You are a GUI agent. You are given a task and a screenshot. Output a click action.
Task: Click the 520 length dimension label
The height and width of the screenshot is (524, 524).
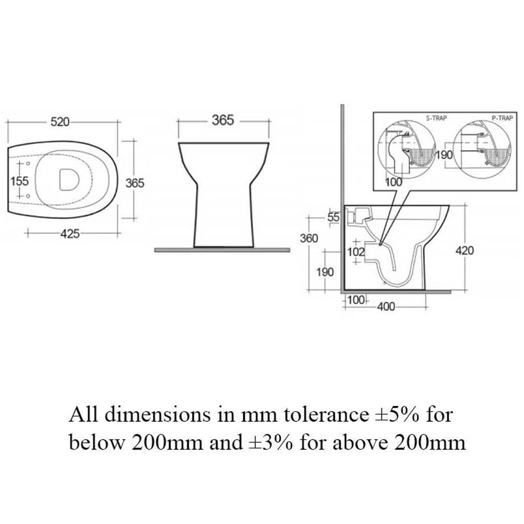[60, 122]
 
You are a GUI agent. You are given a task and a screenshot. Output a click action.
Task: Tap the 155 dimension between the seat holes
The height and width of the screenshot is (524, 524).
[20, 181]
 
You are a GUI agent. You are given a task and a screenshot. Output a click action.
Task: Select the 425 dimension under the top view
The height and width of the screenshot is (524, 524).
[70, 233]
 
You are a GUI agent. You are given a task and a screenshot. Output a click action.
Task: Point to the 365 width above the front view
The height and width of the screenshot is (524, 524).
[223, 121]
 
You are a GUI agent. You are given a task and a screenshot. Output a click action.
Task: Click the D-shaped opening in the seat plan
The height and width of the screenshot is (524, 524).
[69, 180]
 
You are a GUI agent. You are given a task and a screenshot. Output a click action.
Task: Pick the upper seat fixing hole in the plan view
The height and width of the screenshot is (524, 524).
[28, 163]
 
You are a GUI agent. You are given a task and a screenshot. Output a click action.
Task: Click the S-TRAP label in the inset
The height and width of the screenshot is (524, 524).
[436, 118]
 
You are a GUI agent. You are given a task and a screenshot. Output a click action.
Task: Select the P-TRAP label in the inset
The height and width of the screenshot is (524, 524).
[502, 118]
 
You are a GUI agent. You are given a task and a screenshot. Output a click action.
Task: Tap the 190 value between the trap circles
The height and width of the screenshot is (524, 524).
[444, 155]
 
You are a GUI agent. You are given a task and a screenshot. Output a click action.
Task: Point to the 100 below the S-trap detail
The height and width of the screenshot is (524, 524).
[394, 182]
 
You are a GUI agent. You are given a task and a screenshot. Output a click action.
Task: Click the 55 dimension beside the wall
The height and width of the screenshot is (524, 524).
[333, 217]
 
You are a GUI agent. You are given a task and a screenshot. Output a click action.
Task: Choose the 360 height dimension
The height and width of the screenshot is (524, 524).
[309, 238]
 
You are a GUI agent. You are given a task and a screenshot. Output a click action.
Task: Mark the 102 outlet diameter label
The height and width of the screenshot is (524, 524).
[356, 252]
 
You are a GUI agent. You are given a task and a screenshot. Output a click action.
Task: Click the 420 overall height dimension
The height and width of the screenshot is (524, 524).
[464, 250]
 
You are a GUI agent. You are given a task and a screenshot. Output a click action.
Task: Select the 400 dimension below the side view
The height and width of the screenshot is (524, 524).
[386, 307]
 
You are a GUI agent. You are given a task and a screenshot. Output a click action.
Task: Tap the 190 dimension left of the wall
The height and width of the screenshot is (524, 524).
[325, 272]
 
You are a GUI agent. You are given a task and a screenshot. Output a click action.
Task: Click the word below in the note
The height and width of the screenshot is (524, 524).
[96, 443]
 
